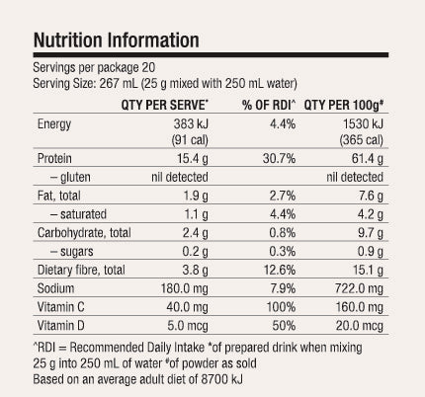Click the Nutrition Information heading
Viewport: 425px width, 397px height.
click(x=116, y=41)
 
